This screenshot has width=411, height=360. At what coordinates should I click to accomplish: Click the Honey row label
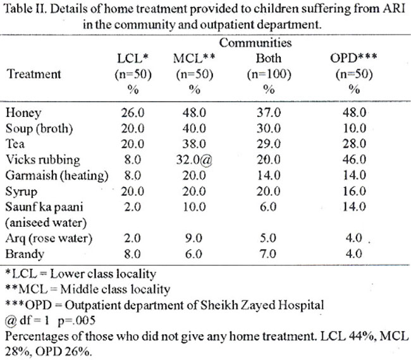click(23, 113)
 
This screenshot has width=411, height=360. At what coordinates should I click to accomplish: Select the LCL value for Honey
click(133, 112)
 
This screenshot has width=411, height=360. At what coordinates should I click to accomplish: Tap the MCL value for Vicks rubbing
click(194, 160)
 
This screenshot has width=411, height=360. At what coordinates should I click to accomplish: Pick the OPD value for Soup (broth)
click(354, 128)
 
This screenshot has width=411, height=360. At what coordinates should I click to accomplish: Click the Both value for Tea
click(269, 144)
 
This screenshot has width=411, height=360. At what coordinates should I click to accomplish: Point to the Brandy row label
click(25, 255)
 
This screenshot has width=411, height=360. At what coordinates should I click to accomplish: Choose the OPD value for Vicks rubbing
click(354, 159)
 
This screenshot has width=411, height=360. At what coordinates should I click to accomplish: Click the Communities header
click(255, 43)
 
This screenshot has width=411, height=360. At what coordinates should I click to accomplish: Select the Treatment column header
click(34, 74)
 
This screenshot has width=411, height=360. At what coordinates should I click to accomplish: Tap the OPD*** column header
click(353, 58)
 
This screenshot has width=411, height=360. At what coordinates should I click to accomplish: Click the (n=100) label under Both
click(269, 75)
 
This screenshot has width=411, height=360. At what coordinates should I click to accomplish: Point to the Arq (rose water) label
click(49, 239)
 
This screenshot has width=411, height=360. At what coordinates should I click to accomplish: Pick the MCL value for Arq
click(193, 238)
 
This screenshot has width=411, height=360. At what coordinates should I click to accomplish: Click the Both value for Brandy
click(267, 254)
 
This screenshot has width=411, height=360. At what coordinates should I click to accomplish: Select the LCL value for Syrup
click(133, 191)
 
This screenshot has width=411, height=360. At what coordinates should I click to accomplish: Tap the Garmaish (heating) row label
click(57, 176)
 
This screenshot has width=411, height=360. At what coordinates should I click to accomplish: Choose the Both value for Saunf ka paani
click(268, 207)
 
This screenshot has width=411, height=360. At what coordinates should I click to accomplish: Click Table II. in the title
click(25, 9)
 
